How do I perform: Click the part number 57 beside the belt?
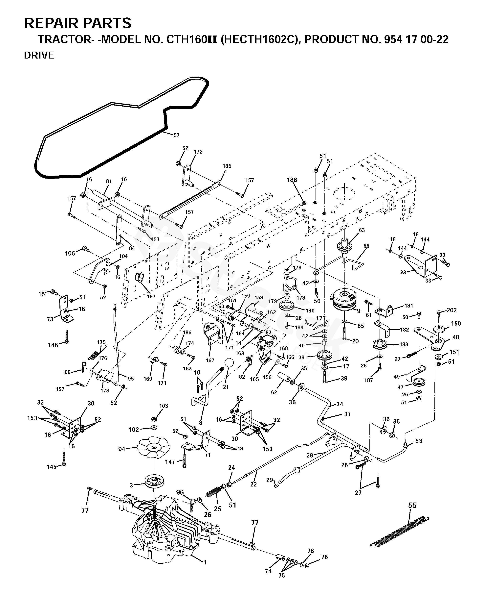click(x=176, y=135)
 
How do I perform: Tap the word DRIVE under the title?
click(x=39, y=55)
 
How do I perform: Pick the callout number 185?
click(x=227, y=166)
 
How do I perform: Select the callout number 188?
click(x=292, y=180)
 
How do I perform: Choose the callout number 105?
click(x=70, y=253)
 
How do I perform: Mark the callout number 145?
click(x=52, y=467)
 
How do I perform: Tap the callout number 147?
click(x=170, y=462)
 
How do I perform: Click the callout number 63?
click(x=362, y=230)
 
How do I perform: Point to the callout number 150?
click(x=456, y=323)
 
